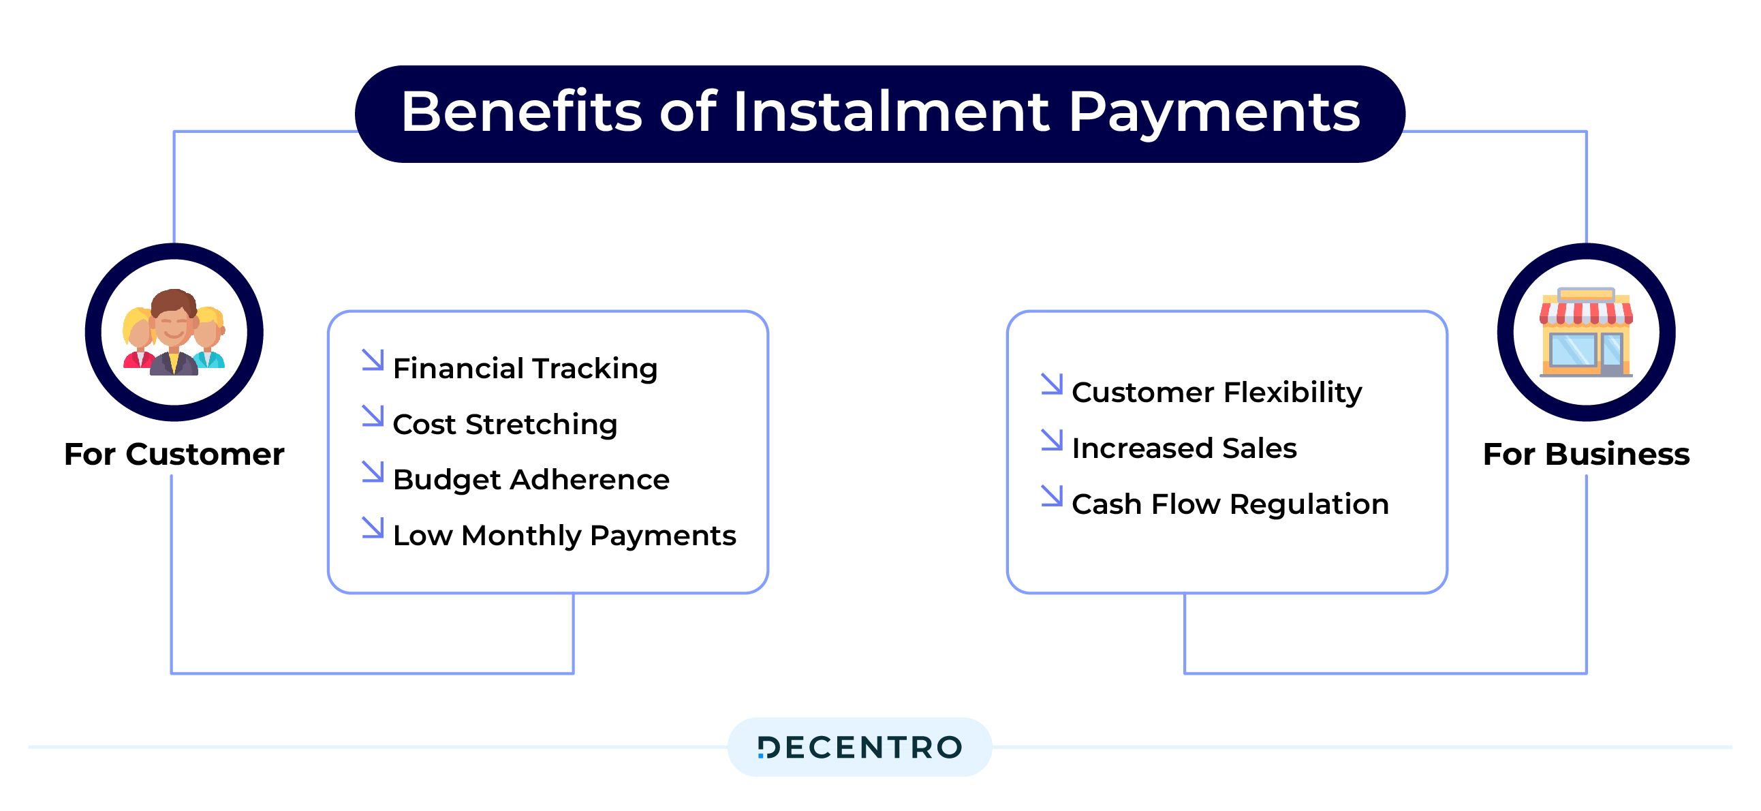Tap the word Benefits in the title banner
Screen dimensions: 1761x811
tap(522, 112)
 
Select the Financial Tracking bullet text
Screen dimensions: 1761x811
tap(525, 369)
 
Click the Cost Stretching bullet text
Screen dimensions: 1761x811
tap(505, 425)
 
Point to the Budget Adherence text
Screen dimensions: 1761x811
tap(531, 480)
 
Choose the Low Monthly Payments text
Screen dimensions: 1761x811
tap(565, 536)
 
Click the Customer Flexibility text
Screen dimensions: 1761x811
tap(1217, 393)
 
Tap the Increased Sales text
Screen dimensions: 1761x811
tap(1184, 448)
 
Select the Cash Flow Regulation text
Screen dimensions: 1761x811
tap(1230, 504)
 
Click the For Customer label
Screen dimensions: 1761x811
tap(174, 455)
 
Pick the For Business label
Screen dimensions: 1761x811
tap(1586, 455)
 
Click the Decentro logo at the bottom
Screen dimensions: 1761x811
tap(860, 748)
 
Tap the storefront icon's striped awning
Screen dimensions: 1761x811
tap(1586, 313)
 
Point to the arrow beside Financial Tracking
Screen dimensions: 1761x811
tap(373, 360)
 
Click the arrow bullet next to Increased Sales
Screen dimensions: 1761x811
tap(1052, 440)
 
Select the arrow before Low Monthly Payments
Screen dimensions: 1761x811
tap(373, 527)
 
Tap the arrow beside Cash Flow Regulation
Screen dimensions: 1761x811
tap(1052, 495)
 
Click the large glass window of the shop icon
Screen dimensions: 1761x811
tap(1573, 350)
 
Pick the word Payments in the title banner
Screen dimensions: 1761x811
tap(1214, 113)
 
